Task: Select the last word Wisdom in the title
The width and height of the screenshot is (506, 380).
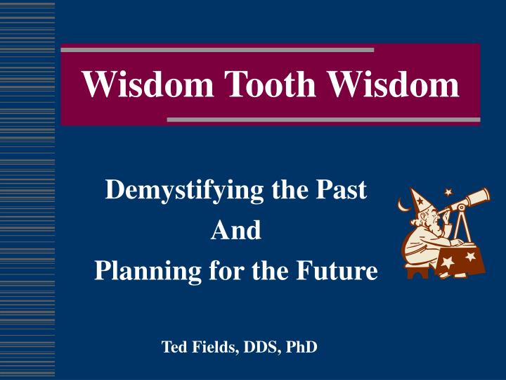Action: click(x=398, y=86)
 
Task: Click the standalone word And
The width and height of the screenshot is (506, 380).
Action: click(x=236, y=230)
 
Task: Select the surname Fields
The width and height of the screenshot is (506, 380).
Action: click(x=211, y=347)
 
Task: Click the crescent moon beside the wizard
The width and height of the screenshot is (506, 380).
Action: click(x=403, y=205)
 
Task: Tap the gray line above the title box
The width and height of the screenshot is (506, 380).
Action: click(x=218, y=50)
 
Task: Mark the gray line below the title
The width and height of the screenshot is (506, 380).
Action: click(x=323, y=120)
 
